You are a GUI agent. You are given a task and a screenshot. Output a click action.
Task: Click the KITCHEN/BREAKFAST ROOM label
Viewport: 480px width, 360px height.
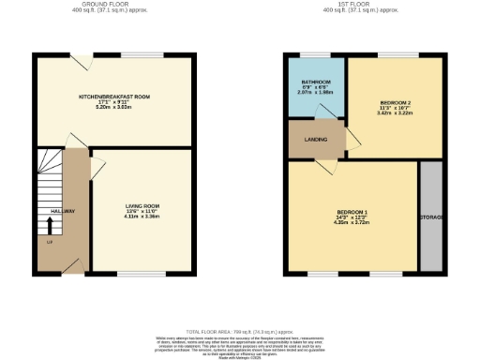point(116,97)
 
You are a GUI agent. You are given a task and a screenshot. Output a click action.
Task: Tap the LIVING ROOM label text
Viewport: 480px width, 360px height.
point(142,205)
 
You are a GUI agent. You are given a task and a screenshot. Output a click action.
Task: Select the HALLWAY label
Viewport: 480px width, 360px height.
point(50,210)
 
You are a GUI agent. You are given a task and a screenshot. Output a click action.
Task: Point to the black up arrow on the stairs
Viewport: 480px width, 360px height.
point(50,225)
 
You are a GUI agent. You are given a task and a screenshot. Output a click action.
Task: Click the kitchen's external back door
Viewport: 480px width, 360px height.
point(84,61)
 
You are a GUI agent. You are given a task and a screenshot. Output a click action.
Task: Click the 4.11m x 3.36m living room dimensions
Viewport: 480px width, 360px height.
point(142,217)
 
